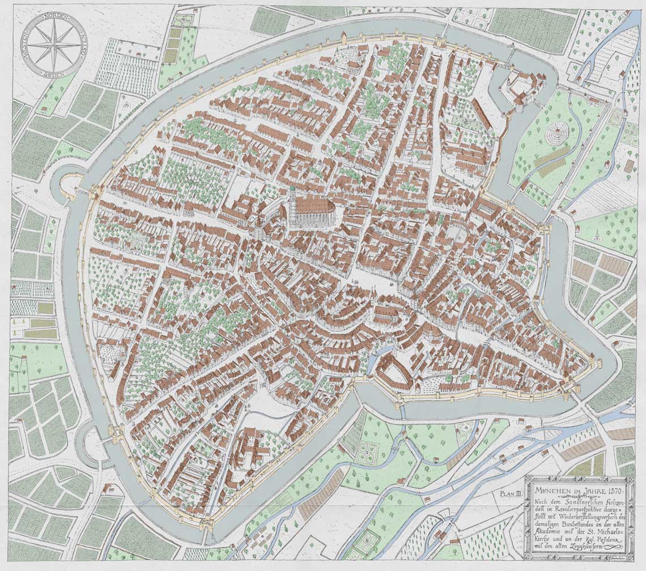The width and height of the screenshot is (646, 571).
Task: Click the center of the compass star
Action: click(54, 44)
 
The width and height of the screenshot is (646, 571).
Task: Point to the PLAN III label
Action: click(511, 493)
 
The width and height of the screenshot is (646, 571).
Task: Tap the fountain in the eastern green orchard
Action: click(596, 237)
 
